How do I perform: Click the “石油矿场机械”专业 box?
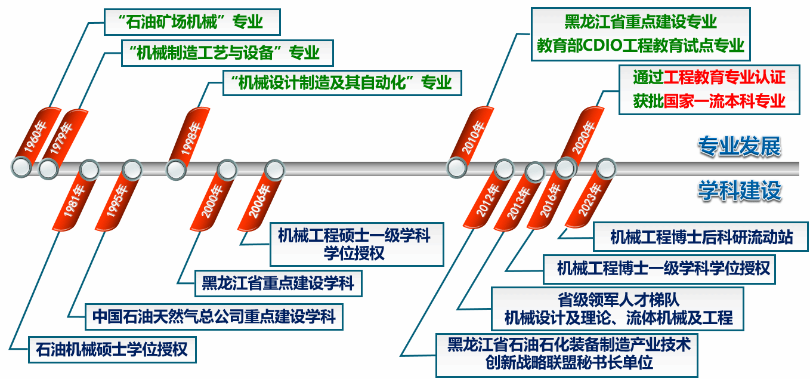point(192,23)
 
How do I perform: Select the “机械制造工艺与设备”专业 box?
point(227,53)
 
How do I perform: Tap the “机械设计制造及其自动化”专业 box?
point(342,82)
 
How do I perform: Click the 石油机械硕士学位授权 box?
point(112,349)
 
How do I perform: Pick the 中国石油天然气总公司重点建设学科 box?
point(214,316)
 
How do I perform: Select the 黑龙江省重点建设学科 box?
point(278,283)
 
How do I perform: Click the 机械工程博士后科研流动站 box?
point(701,237)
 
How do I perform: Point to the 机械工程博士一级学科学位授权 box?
point(658,269)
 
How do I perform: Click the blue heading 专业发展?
point(740,146)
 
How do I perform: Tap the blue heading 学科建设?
point(740,191)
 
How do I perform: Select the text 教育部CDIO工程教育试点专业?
point(640,45)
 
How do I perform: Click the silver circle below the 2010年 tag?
point(457,168)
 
